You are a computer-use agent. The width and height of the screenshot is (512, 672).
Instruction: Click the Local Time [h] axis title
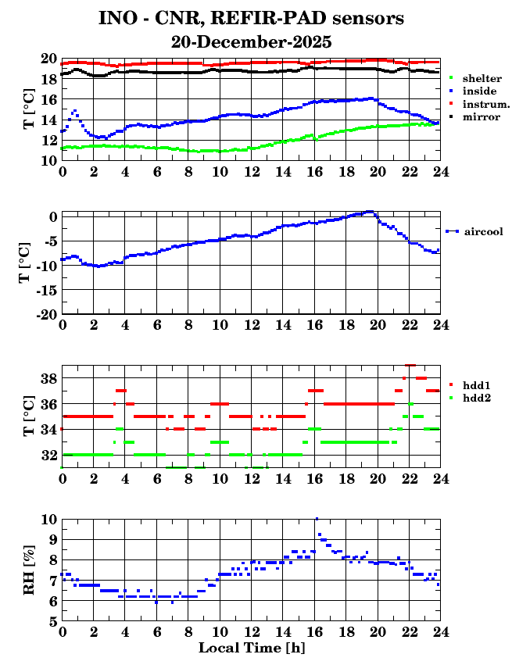251,648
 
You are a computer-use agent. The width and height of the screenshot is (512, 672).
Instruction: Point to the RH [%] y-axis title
30,570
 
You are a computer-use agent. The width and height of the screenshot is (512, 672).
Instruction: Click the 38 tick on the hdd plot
48,378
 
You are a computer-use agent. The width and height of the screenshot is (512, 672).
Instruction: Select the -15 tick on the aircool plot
45,290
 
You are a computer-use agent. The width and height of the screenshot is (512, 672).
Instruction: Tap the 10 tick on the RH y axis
48,519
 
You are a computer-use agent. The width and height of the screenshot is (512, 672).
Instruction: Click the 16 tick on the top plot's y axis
48,99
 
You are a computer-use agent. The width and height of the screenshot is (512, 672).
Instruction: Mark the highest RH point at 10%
317,518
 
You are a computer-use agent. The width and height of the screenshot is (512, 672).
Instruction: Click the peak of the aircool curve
371,212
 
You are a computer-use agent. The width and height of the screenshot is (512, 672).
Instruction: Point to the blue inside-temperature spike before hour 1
74,111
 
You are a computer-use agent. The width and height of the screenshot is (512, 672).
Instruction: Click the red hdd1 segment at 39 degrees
410,365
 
